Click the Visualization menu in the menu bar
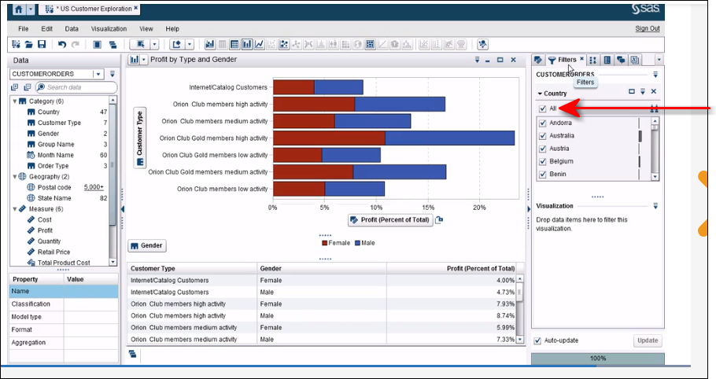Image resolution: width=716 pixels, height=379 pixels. click(x=109, y=28)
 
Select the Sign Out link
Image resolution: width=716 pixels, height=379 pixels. click(x=647, y=28)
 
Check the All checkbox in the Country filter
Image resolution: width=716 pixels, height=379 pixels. click(x=542, y=109)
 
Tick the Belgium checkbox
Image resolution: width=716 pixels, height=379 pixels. click(x=542, y=161)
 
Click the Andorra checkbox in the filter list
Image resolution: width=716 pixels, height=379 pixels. click(x=542, y=123)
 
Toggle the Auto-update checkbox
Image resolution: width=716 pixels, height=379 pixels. click(x=538, y=340)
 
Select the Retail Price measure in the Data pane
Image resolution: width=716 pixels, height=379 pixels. click(x=54, y=252)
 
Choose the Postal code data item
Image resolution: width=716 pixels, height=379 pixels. click(x=54, y=187)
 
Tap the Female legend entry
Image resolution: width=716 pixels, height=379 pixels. click(x=337, y=243)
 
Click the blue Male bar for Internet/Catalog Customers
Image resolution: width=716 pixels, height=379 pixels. click(x=338, y=87)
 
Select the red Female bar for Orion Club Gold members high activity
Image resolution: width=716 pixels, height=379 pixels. click(x=328, y=138)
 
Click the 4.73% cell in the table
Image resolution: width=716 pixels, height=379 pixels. click(x=504, y=292)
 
